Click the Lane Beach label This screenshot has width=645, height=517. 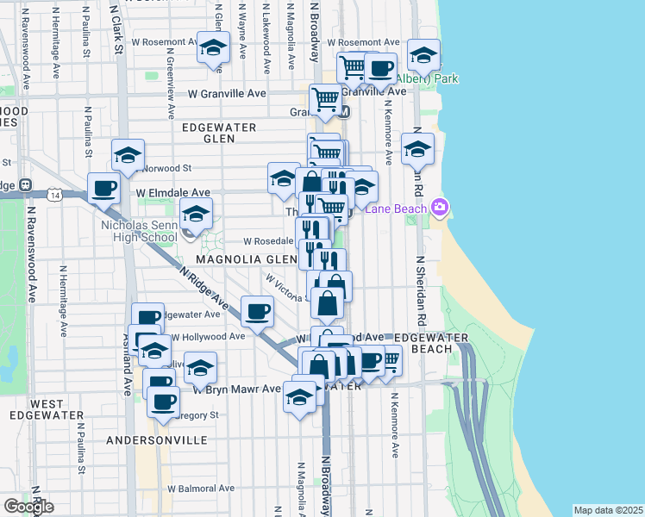[396, 208]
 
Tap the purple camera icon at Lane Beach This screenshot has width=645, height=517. [441, 207]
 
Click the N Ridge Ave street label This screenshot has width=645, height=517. [204, 289]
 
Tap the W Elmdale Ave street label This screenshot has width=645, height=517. [172, 193]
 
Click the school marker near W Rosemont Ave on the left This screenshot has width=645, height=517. [212, 47]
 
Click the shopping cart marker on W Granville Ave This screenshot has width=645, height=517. [325, 99]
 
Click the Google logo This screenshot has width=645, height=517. [28, 507]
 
